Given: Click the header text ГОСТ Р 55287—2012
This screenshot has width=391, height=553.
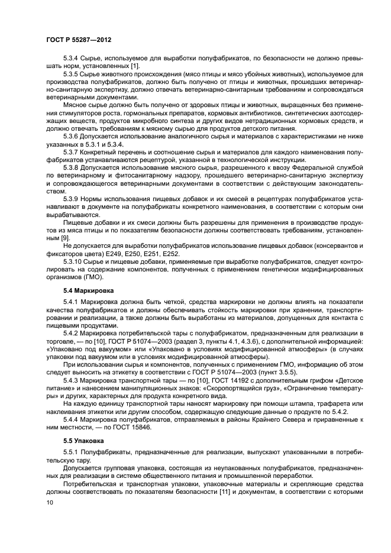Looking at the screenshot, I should click(x=79, y=38).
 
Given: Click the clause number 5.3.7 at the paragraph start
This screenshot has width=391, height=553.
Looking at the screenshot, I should click(x=72, y=153).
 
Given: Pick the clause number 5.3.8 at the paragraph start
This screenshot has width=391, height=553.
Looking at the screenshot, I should click(x=72, y=167).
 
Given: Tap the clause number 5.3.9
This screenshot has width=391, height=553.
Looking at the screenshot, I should click(x=72, y=199).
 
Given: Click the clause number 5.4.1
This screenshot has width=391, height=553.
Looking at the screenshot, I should click(x=72, y=302).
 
